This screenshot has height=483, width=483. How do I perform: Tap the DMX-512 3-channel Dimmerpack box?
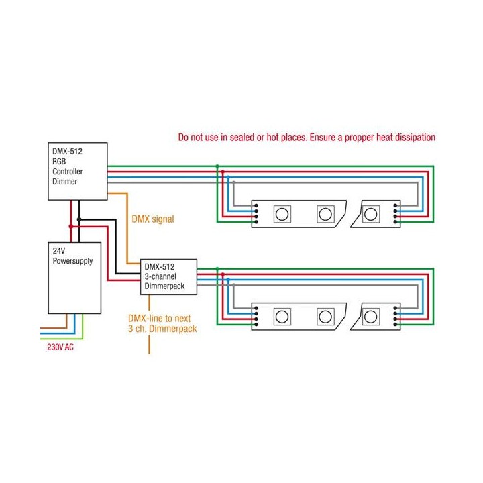coord(167,276)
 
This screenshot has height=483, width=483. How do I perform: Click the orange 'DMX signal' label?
coord(153,219)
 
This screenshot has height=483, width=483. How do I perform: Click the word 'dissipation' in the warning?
coord(411,137)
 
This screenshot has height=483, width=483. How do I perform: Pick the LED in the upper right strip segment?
coord(372,214)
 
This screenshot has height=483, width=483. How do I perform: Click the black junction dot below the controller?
coord(79,219)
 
